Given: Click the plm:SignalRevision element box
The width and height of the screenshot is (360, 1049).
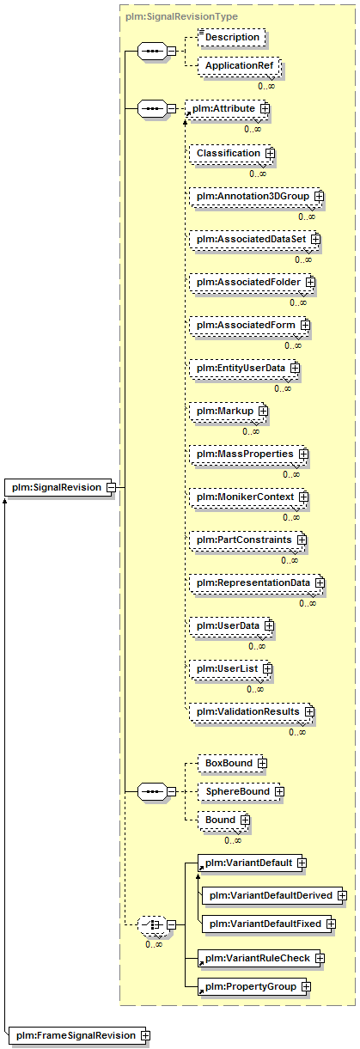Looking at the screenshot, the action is (59, 487).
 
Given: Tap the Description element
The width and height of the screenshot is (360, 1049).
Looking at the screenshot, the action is (232, 38).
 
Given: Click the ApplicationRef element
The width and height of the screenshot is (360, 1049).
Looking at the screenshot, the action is (239, 65).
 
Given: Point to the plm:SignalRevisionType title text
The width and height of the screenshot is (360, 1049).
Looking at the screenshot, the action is (181, 16).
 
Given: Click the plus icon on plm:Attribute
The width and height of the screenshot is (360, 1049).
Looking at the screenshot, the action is (265, 108).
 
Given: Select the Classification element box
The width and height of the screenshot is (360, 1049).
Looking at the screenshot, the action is (231, 154).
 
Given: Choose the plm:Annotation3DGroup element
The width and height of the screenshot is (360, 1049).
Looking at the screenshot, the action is (256, 196).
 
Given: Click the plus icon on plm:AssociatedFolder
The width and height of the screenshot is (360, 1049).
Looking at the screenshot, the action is (310, 283).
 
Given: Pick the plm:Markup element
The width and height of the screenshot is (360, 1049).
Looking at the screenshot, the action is (228, 412).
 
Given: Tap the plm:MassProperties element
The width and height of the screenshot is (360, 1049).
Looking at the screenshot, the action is (248, 454).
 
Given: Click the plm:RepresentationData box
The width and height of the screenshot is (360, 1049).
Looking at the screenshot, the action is (257, 583).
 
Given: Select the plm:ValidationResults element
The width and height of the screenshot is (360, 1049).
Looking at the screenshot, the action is (251, 712).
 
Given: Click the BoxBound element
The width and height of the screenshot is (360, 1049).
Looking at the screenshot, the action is (232, 763).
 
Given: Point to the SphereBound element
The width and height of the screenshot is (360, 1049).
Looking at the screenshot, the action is (241, 791).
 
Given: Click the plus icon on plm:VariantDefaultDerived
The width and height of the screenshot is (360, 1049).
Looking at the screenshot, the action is (342, 895).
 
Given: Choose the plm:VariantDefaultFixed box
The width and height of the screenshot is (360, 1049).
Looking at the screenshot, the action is (268, 924).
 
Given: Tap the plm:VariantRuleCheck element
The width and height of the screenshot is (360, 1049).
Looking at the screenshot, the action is (260, 959).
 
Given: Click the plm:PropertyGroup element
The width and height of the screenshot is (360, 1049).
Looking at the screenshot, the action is (253, 987).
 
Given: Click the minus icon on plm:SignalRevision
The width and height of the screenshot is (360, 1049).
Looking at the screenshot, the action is (111, 487).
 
